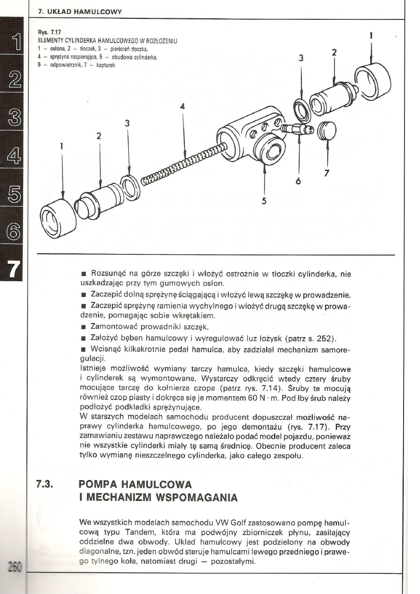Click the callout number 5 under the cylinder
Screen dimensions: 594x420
click(263, 200)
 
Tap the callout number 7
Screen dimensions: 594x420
click(327, 173)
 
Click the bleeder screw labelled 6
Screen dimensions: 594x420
click(296, 128)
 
